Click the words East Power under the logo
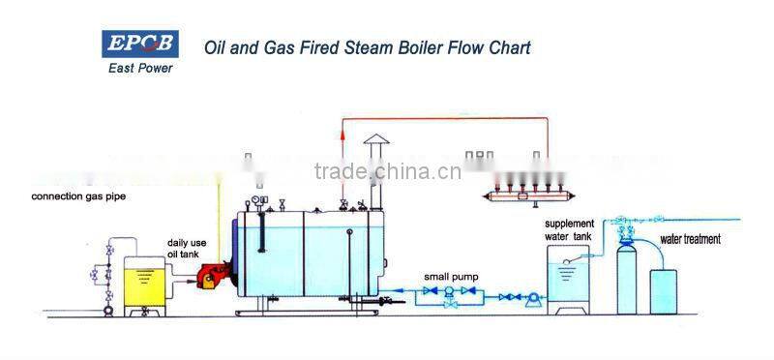[x=138, y=69]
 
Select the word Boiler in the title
[x=409, y=46]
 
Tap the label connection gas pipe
[x=78, y=196]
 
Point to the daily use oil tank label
[x=184, y=248]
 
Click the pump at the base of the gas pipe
[x=108, y=311]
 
